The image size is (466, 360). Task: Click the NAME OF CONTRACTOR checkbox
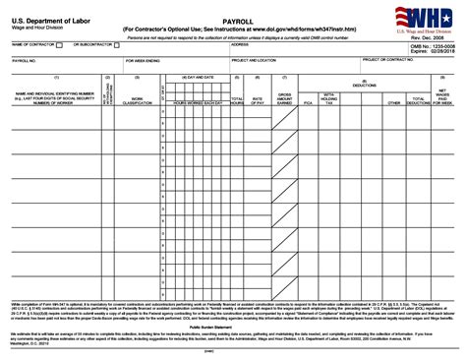(x=60, y=46)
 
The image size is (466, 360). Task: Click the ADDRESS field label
(x=240, y=45)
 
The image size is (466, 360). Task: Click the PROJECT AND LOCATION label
(x=255, y=61)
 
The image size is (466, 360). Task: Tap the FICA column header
(x=308, y=101)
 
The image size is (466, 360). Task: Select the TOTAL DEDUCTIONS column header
(x=419, y=101)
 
